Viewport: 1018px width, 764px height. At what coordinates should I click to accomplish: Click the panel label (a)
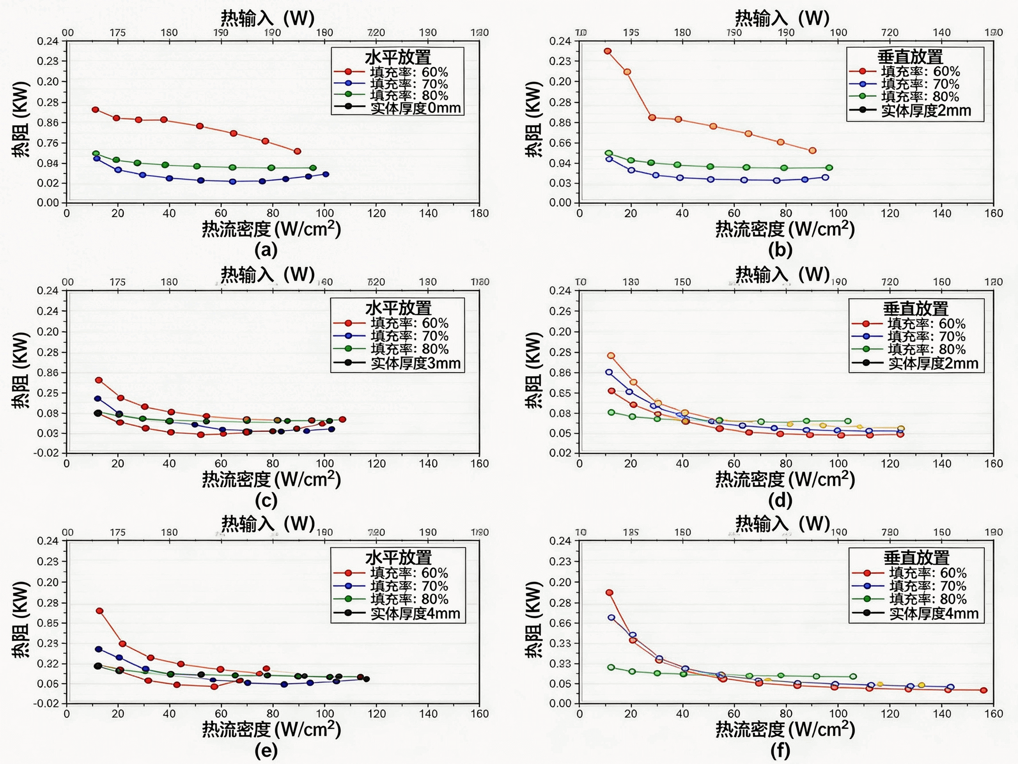point(266,250)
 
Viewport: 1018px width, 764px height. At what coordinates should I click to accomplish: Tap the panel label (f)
point(780,751)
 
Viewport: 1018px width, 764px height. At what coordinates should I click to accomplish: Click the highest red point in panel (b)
point(608,51)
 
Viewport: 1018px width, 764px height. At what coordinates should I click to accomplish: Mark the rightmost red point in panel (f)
point(984,690)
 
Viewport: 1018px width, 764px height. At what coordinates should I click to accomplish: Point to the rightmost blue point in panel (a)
point(326,175)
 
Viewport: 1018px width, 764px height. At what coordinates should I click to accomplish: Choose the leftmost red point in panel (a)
point(95,110)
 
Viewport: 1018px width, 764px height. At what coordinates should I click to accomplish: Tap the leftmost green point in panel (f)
point(611,667)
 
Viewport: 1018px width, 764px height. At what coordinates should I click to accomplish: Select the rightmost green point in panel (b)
point(829,168)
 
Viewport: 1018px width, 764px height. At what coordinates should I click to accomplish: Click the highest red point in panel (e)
point(99,611)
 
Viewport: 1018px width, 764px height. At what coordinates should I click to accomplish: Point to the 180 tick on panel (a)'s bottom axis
point(479,213)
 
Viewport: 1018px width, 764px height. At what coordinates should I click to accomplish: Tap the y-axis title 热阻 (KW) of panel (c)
point(21,370)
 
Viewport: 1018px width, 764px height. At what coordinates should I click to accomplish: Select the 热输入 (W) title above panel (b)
point(782,19)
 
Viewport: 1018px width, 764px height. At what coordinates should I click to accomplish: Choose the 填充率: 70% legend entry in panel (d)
point(927,336)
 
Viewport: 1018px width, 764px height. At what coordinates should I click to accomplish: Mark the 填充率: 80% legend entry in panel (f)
point(927,599)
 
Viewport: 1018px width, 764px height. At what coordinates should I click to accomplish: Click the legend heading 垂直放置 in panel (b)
point(910,57)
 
